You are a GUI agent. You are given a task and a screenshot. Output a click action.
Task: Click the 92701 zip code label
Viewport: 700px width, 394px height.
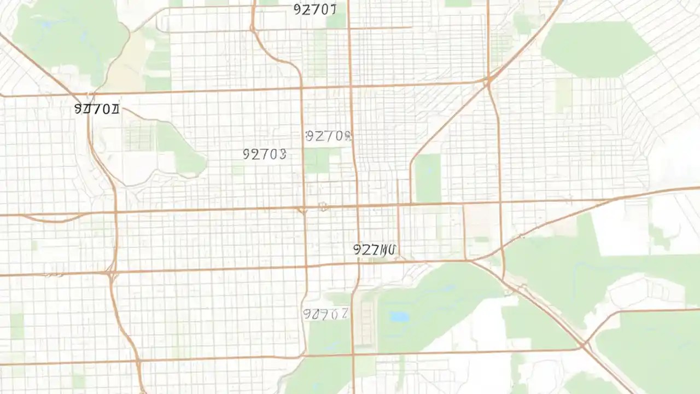click(315, 9)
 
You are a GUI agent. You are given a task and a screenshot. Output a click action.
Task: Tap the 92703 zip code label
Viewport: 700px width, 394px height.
click(264, 154)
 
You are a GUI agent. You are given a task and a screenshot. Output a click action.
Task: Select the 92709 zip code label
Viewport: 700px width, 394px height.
click(328, 136)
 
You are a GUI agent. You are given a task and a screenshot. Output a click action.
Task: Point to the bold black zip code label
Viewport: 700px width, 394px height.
click(96, 109)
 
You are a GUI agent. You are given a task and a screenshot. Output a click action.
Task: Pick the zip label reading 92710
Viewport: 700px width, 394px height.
click(375, 250)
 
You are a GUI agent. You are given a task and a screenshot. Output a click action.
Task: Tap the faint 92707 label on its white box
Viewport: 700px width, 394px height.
click(326, 314)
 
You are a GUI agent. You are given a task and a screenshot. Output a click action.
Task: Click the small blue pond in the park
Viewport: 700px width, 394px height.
click(399, 316)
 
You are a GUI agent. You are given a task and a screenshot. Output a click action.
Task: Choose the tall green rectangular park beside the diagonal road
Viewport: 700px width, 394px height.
click(428, 178)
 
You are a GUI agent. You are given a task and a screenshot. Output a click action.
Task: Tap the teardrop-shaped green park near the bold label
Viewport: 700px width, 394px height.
click(180, 148)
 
